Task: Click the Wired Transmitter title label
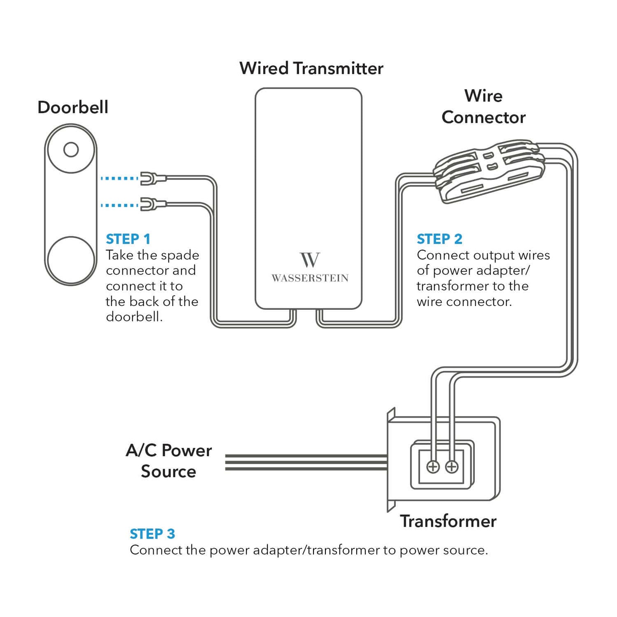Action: pyautogui.click(x=311, y=68)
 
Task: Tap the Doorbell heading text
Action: pyautogui.click(x=72, y=108)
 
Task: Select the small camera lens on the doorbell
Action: pyautogui.click(x=71, y=150)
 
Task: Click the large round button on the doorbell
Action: pyautogui.click(x=71, y=260)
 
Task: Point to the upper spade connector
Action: pyautogui.click(x=152, y=178)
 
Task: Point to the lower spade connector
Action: pyautogui.click(x=152, y=204)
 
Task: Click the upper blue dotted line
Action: pyautogui.click(x=119, y=178)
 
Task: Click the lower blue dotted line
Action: pyautogui.click(x=119, y=205)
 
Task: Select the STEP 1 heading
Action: pyautogui.click(x=128, y=239)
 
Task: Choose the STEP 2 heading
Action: pyautogui.click(x=439, y=239)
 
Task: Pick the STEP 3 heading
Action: pyautogui.click(x=152, y=534)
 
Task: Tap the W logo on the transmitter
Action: pyautogui.click(x=310, y=260)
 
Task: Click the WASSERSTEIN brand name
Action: pyautogui.click(x=310, y=278)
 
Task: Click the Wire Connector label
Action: pyautogui.click(x=483, y=107)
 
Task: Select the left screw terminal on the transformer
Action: pyautogui.click(x=433, y=467)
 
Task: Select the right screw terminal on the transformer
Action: pyautogui.click(x=452, y=467)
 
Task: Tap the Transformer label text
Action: pyautogui.click(x=448, y=521)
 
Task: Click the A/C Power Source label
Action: pyautogui.click(x=168, y=461)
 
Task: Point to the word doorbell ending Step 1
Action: pyautogui.click(x=134, y=317)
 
